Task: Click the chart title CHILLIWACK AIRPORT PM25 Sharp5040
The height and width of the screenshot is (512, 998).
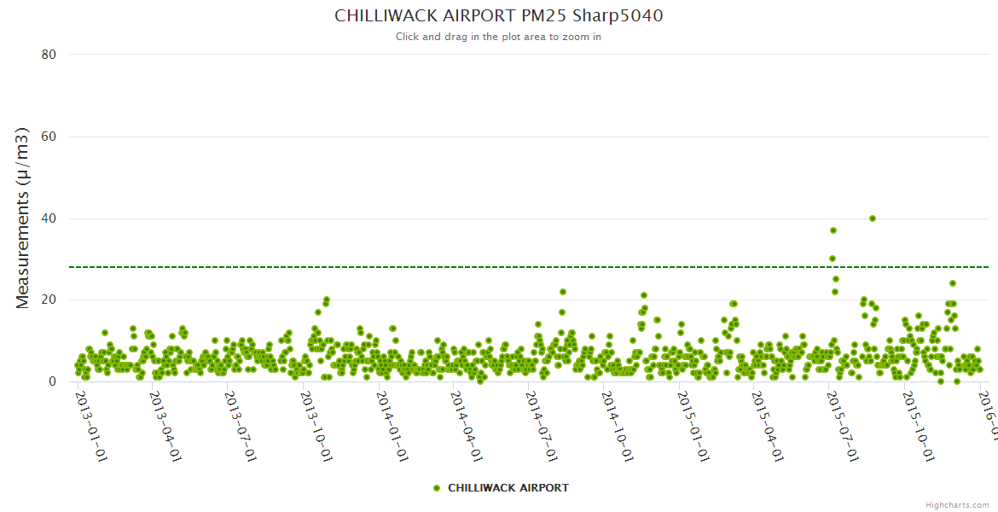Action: pos(498,15)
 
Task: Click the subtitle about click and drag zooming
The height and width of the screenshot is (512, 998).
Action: pos(498,37)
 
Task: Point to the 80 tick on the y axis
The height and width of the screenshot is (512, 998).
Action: pos(49,55)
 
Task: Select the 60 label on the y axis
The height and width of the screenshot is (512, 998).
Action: pos(49,137)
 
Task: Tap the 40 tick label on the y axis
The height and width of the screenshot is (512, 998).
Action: pos(49,218)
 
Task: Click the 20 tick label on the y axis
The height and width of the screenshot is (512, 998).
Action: pos(49,300)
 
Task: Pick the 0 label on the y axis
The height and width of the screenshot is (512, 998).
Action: pos(52,382)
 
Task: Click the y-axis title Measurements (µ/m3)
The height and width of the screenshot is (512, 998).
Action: pos(23,218)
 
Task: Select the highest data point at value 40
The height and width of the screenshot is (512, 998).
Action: pos(873,218)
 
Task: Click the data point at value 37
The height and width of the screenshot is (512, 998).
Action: pos(833,230)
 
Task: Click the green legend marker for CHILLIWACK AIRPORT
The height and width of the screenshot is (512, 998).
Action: pos(437,488)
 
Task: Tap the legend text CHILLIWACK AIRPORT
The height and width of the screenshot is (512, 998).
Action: pos(508,488)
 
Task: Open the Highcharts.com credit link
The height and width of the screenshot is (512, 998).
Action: pos(957,504)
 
